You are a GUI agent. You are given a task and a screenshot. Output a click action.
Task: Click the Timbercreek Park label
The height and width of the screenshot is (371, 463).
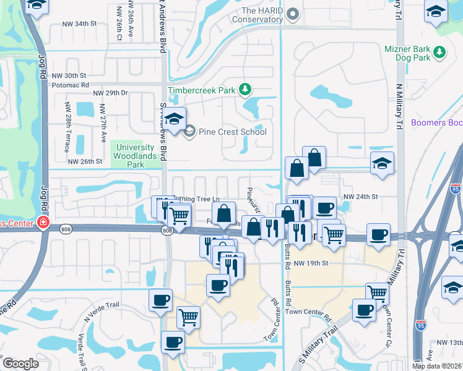click(209, 90)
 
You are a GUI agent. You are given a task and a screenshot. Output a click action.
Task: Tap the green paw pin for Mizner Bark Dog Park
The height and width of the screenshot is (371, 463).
click(439, 52)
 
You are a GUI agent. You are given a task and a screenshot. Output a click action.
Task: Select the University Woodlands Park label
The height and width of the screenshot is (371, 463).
click(133, 152)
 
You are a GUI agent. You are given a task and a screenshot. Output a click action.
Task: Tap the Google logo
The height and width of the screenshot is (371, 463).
click(20, 364)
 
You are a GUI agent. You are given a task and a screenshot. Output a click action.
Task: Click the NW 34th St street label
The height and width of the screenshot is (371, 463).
click(80, 23)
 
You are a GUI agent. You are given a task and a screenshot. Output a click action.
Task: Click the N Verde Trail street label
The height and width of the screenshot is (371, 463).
click(100, 310)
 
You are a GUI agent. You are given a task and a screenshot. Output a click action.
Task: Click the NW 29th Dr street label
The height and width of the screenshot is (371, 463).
click(110, 93)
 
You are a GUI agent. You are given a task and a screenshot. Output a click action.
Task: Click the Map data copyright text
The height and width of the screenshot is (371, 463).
click(436, 366)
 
